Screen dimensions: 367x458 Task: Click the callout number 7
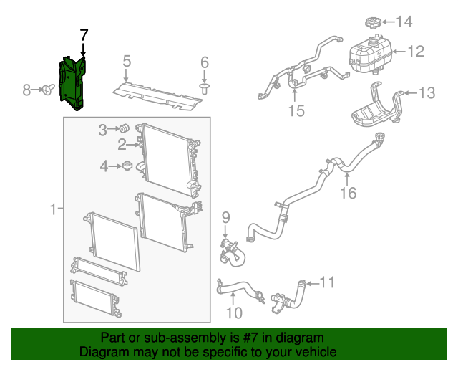84,34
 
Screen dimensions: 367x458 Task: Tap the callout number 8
26,90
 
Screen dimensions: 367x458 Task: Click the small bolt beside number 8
48,90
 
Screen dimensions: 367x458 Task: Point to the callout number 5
126,61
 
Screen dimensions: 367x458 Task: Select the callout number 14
404,22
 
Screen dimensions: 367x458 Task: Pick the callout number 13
427,92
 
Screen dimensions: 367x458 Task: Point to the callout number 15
296,110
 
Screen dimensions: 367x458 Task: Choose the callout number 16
347,192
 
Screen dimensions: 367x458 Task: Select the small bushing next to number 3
122,129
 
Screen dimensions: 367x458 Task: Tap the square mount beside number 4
127,166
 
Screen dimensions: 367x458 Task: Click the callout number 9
225,217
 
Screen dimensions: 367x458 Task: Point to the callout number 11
326,282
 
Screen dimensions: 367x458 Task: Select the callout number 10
234,313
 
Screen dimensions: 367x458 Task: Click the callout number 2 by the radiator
122,146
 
